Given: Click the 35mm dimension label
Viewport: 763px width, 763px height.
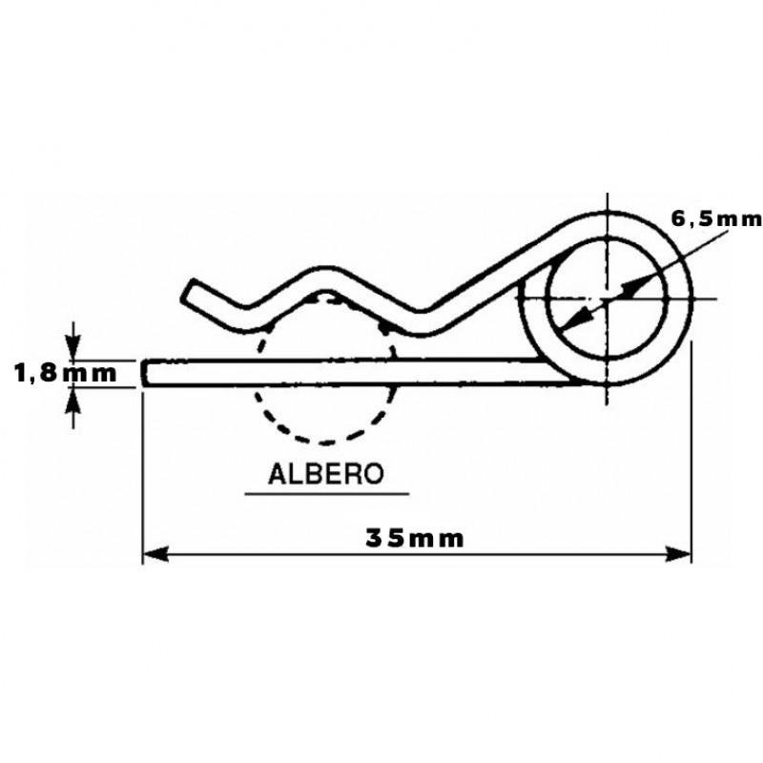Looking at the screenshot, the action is coord(414,539).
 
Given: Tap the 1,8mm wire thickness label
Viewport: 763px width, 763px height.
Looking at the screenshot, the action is coord(66,374).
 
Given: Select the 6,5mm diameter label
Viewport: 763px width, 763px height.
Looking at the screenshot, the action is coord(716,219).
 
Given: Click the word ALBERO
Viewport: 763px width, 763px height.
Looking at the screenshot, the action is coord(326,473).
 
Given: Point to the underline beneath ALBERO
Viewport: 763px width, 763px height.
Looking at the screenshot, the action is coord(326,494).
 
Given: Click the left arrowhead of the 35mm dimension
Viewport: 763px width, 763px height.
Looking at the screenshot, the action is coord(155,554).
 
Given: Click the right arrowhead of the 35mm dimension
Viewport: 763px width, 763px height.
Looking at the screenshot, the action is coord(678,554).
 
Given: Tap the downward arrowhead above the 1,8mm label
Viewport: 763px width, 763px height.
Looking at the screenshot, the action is coord(73,349).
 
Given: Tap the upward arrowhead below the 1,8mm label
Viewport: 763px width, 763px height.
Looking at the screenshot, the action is coord(73,399).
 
